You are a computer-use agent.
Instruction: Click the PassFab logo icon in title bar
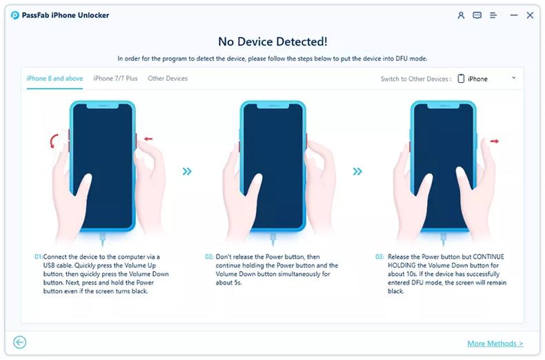click(15, 15)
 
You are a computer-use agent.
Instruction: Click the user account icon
click(461, 15)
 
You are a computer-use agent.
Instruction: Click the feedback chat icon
click(477, 15)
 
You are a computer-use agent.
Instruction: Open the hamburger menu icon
click(494, 15)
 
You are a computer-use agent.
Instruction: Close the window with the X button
click(530, 15)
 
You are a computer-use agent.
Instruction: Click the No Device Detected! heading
click(272, 42)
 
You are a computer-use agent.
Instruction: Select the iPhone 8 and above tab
click(54, 79)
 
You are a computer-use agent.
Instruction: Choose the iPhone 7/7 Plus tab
click(115, 79)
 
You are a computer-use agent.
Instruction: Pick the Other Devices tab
click(168, 79)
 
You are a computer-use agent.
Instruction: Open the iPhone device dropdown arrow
click(514, 79)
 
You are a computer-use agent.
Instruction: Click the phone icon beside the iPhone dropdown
click(461, 79)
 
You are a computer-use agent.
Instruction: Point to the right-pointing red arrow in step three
click(494, 141)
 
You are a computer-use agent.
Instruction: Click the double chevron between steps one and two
click(187, 172)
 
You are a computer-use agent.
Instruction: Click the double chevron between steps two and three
click(357, 172)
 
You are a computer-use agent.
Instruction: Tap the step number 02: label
click(209, 257)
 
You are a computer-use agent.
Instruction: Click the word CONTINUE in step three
click(491, 257)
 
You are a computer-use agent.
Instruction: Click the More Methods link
click(495, 343)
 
